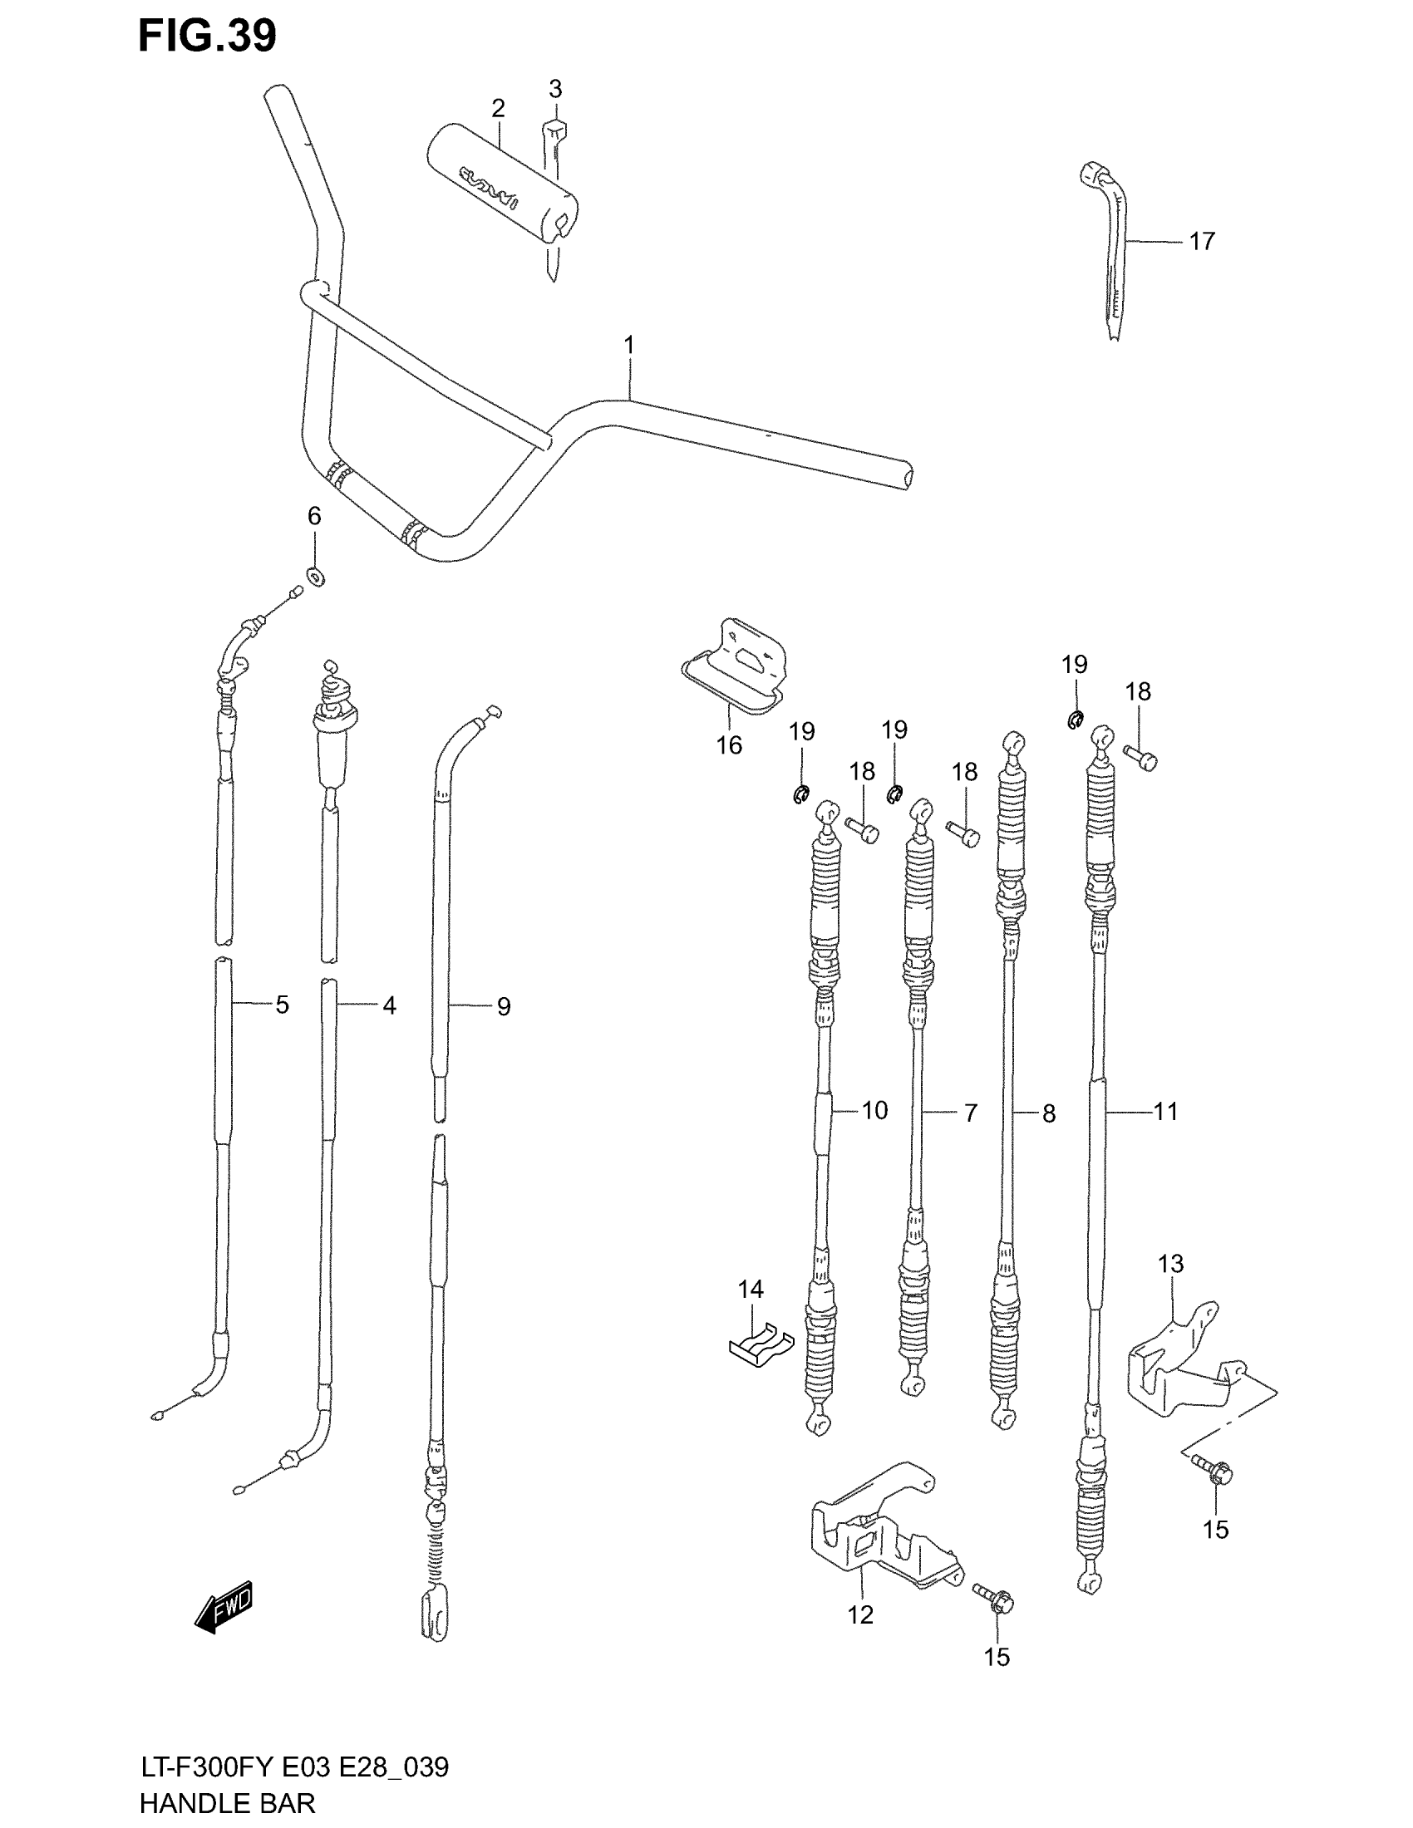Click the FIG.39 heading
[207, 36]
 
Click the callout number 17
[1201, 242]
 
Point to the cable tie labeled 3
[554, 193]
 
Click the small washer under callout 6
[316, 577]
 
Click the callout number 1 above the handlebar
[628, 345]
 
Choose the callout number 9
[503, 1006]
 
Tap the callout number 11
[1165, 1112]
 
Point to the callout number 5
[282, 1005]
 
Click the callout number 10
[874, 1111]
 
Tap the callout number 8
[1048, 1114]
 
